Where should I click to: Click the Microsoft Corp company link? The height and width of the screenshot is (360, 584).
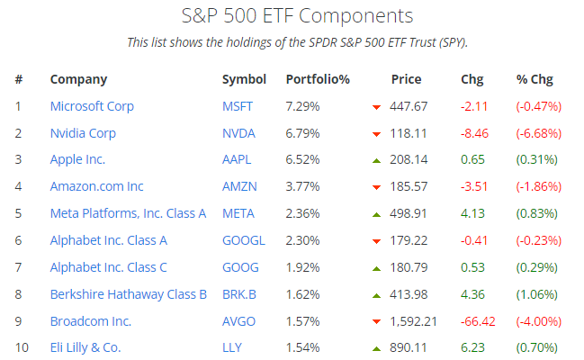coord(92,106)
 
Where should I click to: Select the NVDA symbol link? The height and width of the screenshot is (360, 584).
coord(238,133)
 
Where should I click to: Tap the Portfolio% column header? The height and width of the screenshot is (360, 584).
coord(318,79)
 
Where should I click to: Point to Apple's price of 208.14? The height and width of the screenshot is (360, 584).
coord(409,160)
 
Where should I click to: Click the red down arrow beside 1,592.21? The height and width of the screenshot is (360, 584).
coord(376,322)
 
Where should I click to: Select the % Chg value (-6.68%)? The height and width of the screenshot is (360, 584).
coord(538,133)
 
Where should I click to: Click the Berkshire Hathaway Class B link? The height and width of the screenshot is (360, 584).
coord(129,294)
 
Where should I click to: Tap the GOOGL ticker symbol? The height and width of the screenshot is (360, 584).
coord(243,240)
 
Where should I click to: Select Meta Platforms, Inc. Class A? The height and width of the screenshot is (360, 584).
coord(128,213)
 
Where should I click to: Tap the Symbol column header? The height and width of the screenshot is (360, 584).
coord(244,79)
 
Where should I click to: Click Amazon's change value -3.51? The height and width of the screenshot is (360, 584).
coord(474,187)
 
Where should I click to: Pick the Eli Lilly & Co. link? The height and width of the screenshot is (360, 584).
coord(85,347)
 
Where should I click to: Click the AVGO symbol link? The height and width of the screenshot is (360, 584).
coord(238,321)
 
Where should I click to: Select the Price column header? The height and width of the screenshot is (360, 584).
coord(406,79)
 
